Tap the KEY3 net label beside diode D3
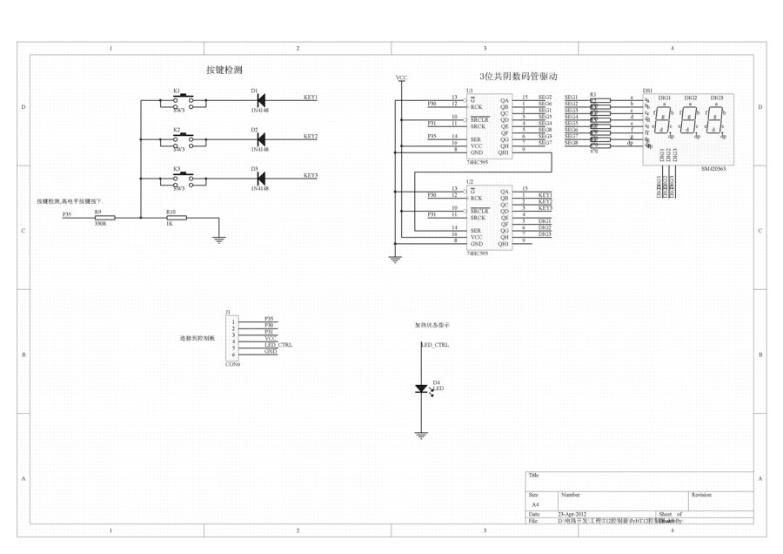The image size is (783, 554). point(311,176)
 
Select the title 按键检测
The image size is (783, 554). point(224,70)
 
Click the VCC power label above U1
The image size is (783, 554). point(401,78)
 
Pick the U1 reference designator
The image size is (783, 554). point(470,90)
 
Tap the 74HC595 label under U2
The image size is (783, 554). point(478,253)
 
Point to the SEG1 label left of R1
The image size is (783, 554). point(571,98)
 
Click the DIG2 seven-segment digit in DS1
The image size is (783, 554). point(690,118)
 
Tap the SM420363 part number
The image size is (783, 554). point(713,170)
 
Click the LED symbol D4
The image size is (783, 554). point(422,388)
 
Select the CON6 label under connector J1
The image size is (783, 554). point(232,364)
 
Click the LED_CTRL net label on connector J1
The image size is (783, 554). point(278,345)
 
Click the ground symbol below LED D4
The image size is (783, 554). point(422,433)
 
